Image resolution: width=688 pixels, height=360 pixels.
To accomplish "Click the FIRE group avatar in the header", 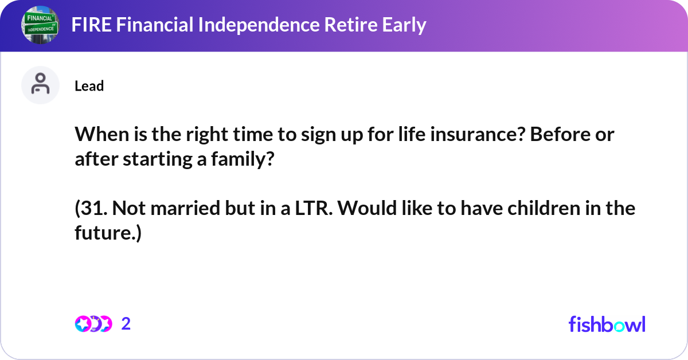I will [x=40, y=26].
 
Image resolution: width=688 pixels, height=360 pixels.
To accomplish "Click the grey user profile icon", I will [x=40, y=85].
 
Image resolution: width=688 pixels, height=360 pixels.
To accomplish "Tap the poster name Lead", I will [x=89, y=86].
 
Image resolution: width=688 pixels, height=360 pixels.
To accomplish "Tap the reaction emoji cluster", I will [x=93, y=324].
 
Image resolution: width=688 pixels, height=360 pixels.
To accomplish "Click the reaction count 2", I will [x=126, y=324].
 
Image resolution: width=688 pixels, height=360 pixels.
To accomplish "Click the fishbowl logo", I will [x=607, y=324].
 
